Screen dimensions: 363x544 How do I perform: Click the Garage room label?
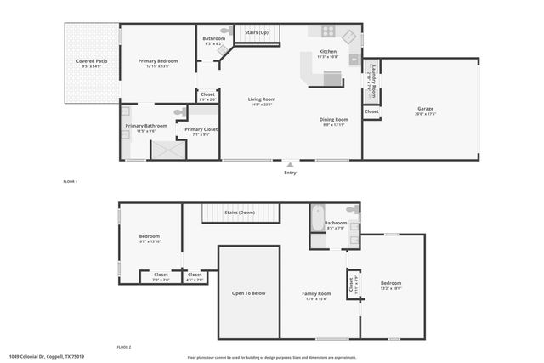[425, 109]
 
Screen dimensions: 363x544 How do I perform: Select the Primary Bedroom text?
[159, 61]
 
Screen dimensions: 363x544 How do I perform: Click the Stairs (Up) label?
[257, 32]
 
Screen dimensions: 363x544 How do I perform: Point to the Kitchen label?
[327, 52]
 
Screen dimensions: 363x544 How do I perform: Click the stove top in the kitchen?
[327, 32]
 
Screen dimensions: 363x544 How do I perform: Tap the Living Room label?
[260, 99]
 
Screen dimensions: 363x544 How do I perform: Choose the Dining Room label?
[334, 119]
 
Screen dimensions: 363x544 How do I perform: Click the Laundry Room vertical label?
[371, 78]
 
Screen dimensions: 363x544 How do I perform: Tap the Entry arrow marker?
[291, 165]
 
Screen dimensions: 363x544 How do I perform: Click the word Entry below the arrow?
[291, 173]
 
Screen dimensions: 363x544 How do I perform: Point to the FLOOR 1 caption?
[71, 181]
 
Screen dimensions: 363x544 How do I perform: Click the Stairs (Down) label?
[240, 212]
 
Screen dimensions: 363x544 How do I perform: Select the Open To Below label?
[249, 293]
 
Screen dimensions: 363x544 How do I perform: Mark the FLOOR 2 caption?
[125, 347]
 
